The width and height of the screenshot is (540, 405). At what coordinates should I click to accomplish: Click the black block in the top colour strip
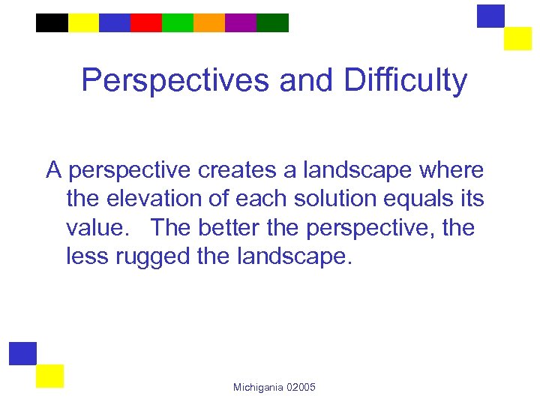point(52,23)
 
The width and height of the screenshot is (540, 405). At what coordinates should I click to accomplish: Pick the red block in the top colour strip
point(146,23)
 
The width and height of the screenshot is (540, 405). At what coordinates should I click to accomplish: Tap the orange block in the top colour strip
point(209,23)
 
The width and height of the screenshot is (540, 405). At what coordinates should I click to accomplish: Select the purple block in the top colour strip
point(241,23)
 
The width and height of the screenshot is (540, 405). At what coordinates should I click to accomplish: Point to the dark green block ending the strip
point(272,23)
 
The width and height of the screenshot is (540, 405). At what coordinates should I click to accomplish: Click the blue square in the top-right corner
point(490,16)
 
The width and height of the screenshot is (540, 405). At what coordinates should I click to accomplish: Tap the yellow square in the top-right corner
point(517,38)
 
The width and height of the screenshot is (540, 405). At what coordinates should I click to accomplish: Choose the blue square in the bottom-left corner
point(22,353)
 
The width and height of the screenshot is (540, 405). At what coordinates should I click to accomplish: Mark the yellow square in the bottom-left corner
point(49,376)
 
